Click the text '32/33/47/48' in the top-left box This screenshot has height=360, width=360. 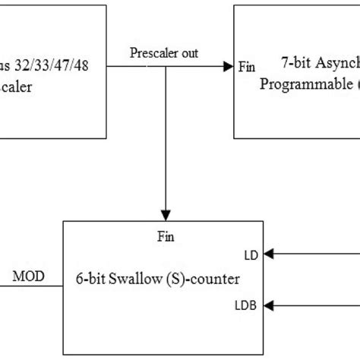point(55,66)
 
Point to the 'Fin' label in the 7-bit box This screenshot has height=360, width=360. point(247,67)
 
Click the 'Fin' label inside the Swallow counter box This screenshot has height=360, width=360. point(164,236)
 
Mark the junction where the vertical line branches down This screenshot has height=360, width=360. point(164,67)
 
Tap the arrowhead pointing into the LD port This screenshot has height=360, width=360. point(270,254)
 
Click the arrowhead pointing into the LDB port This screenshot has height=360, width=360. point(270,305)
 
